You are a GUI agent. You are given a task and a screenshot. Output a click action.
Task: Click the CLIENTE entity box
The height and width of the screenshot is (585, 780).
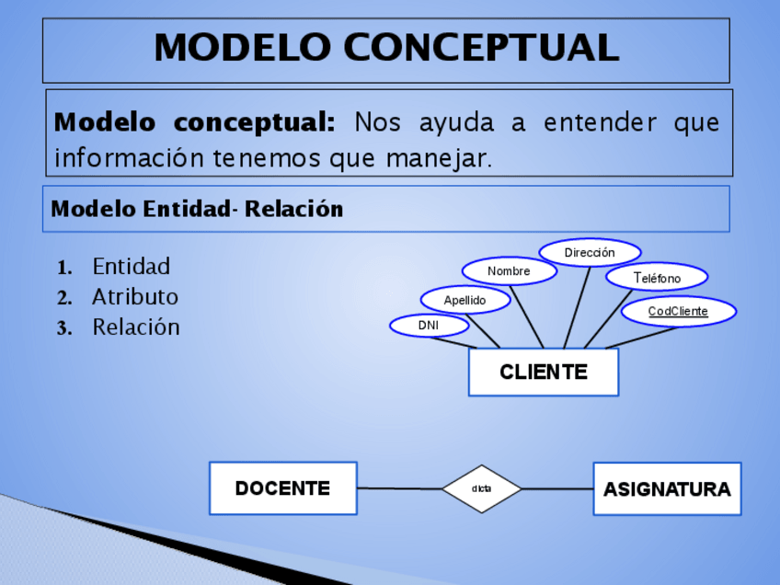543,373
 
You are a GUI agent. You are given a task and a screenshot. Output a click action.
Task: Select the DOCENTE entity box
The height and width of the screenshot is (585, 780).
282,488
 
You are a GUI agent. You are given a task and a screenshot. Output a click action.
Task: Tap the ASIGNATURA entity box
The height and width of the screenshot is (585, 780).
667,489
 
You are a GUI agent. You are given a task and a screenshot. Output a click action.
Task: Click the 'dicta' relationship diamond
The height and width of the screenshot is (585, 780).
481,488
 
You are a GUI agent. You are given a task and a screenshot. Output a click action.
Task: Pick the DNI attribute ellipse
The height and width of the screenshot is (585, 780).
429,326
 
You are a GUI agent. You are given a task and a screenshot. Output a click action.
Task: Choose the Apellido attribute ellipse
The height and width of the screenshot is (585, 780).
465,300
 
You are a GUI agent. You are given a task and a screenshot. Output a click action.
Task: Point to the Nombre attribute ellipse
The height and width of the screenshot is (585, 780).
509,271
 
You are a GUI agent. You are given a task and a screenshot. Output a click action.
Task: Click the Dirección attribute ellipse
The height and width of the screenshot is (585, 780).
590,252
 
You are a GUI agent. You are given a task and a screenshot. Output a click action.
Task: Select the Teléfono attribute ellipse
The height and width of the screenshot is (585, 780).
657,277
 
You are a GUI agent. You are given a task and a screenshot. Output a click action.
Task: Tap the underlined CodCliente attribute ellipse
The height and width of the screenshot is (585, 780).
678,312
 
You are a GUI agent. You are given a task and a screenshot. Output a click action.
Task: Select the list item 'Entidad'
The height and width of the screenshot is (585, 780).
132,267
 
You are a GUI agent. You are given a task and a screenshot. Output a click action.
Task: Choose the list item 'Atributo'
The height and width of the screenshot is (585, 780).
135,297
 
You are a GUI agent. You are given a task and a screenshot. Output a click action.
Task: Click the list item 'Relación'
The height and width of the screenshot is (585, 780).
136,327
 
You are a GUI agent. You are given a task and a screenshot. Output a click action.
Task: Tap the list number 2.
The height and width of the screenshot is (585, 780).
64,298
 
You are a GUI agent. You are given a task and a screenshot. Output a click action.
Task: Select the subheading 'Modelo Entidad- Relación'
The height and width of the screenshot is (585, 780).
197,209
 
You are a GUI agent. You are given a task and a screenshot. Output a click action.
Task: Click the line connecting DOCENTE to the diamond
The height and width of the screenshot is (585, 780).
398,488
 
